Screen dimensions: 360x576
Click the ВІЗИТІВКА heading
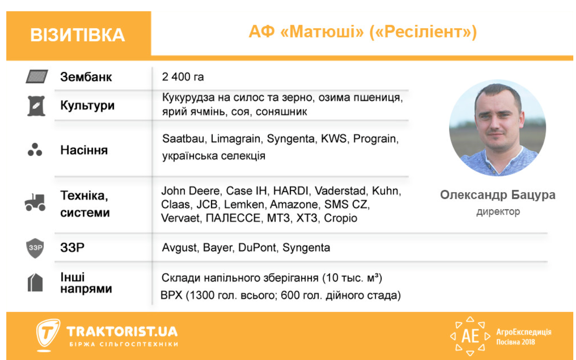pyautogui.click(x=77, y=35)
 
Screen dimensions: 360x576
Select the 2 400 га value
pyautogui.click(x=183, y=77)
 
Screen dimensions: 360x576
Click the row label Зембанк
pyautogui.click(x=86, y=77)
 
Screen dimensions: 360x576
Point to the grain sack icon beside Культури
pyautogui.click(x=35, y=106)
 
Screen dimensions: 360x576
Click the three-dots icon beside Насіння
pyautogui.click(x=35, y=150)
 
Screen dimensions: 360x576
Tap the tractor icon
pyautogui.click(x=35, y=202)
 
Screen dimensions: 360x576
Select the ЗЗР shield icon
pyautogui.click(x=35, y=248)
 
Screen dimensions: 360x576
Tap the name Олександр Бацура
pyautogui.click(x=498, y=195)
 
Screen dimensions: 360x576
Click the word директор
pyautogui.click(x=498, y=211)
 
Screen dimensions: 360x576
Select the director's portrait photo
pyautogui.click(x=498, y=128)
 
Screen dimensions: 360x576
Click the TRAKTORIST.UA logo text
pyautogui.click(x=122, y=332)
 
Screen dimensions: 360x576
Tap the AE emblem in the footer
pyautogui.click(x=470, y=336)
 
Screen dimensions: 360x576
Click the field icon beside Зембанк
pyautogui.click(x=36, y=77)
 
